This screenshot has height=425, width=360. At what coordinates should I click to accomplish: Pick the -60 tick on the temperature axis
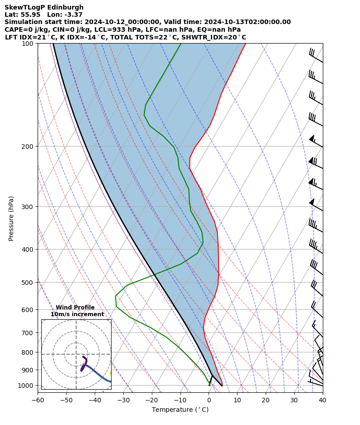point(38,400)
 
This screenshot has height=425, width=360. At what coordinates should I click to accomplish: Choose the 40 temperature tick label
point(322,400)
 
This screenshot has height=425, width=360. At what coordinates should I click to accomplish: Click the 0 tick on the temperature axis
point(209,400)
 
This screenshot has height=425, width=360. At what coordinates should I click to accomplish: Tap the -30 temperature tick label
point(123,400)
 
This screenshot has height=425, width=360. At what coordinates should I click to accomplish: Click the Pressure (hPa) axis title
point(11,218)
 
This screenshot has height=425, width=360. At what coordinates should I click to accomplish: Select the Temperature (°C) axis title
point(180,410)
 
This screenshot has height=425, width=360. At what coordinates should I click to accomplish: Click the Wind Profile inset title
point(75,308)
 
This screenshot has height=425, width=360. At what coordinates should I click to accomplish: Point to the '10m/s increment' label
point(77,314)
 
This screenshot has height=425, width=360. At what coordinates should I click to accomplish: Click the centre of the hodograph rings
point(76,354)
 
